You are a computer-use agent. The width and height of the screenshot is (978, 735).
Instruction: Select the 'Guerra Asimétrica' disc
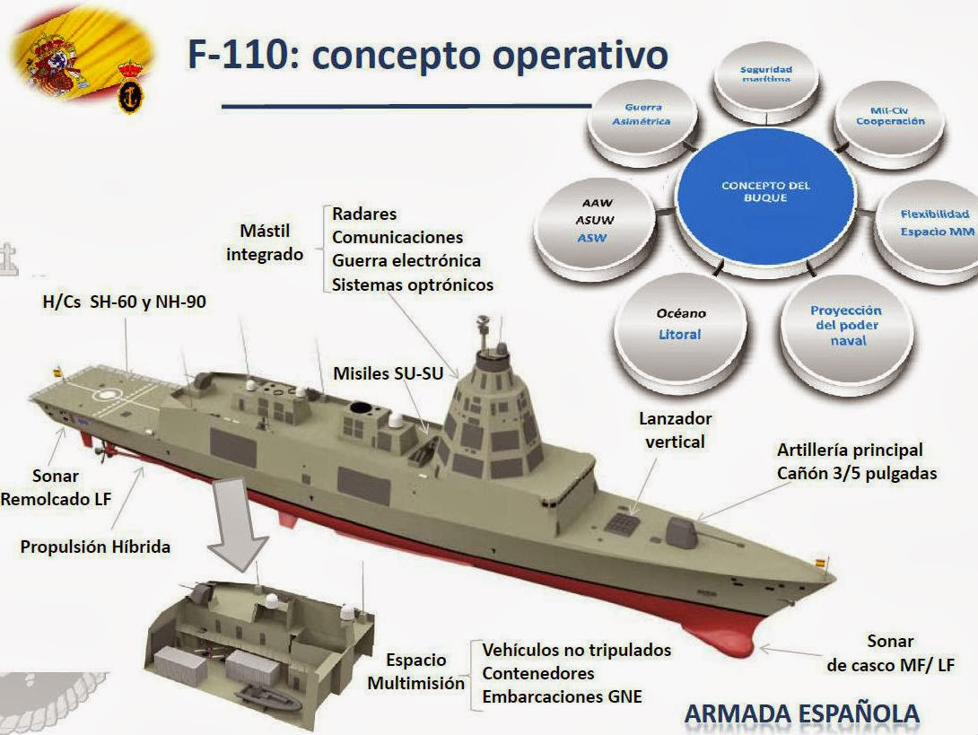click(x=641, y=118)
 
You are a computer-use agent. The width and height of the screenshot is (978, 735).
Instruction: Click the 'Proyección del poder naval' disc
click(x=846, y=325)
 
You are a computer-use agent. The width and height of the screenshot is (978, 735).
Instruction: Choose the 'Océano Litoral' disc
click(x=683, y=325)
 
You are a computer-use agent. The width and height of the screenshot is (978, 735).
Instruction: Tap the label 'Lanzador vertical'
click(x=675, y=430)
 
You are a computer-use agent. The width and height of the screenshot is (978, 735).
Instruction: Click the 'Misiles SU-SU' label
click(x=388, y=373)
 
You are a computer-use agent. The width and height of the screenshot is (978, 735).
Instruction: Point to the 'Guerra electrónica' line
click(x=406, y=261)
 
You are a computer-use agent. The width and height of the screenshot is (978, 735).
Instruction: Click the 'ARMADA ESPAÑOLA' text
click(x=802, y=713)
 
